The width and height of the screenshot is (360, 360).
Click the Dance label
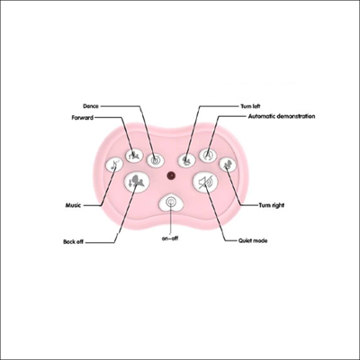[91, 106]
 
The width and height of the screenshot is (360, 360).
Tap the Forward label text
[83, 117]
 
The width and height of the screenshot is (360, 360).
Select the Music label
[73, 205]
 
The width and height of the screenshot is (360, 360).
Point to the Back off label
[73, 241]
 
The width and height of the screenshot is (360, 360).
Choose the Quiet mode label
[253, 240]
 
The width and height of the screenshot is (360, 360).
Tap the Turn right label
[271, 205]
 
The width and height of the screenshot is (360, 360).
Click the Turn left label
[250, 106]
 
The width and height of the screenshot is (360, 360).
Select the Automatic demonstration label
[282, 116]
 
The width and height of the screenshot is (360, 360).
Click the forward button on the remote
[133, 156]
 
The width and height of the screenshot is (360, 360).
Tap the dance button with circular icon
[156, 159]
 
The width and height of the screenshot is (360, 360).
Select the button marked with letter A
[208, 156]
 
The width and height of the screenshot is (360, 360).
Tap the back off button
[137, 183]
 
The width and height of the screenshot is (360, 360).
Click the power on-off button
[171, 202]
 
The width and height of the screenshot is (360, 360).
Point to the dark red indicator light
[171, 175]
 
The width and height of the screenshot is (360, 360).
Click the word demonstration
[296, 116]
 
